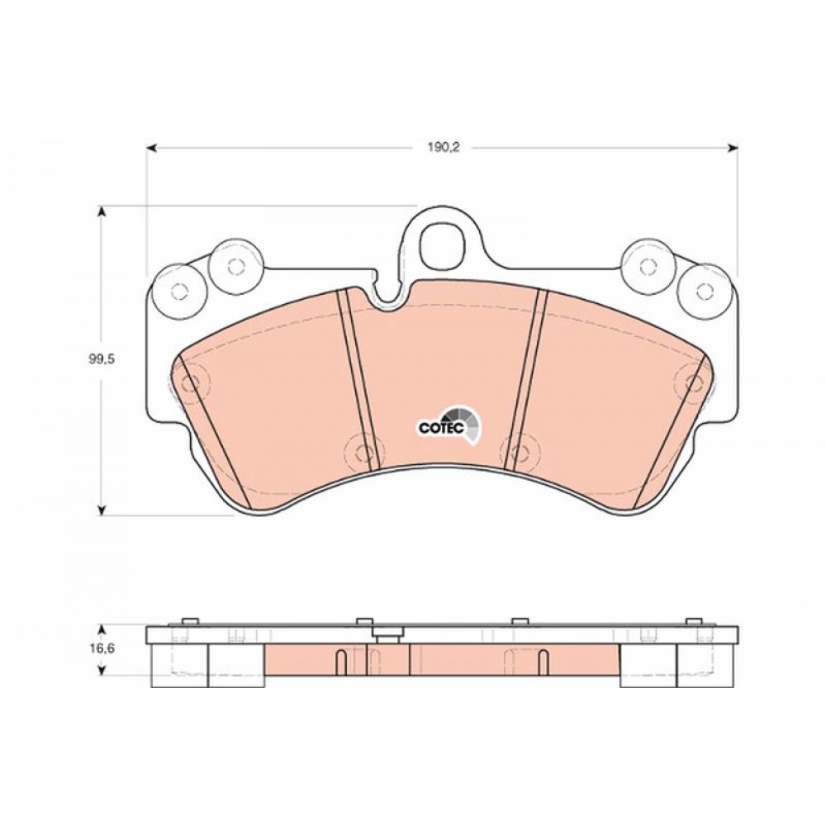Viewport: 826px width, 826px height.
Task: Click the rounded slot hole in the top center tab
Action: (x=444, y=245)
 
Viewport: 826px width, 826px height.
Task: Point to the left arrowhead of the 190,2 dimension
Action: (x=152, y=149)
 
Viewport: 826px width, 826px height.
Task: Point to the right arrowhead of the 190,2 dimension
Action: (x=732, y=149)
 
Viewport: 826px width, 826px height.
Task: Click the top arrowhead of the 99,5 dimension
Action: (x=102, y=211)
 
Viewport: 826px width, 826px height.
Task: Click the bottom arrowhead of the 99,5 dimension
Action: (x=102, y=510)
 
